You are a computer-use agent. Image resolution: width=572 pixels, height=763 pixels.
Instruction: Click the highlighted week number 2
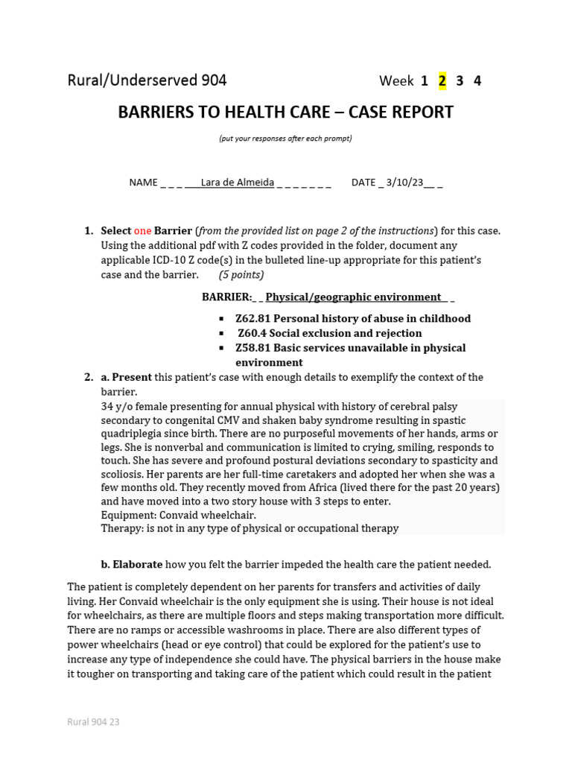pos(442,81)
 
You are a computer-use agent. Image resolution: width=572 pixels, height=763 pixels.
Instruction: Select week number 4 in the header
pos(477,81)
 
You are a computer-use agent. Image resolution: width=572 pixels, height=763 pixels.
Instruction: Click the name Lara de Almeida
pos(238,183)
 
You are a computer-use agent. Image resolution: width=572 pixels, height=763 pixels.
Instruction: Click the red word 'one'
pos(142,231)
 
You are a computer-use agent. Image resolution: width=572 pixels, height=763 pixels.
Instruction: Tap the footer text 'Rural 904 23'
pos(93,722)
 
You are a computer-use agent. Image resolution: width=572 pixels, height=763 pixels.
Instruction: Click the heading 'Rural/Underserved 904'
pos(147,80)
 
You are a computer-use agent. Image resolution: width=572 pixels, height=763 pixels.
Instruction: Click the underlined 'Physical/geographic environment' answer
pos(353,297)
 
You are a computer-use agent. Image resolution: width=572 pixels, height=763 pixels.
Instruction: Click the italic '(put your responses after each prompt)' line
pos(285,139)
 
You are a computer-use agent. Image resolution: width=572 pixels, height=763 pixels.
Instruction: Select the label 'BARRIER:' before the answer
pos(227,297)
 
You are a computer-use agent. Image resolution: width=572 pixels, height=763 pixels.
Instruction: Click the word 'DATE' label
pos(363,183)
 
